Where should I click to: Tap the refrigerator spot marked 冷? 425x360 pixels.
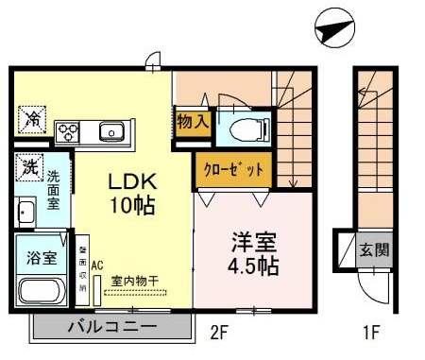(x=32, y=120)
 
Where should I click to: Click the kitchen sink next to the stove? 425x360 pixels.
(x=111, y=130)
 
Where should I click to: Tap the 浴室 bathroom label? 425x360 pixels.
(x=41, y=257)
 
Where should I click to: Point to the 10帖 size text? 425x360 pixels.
(x=123, y=203)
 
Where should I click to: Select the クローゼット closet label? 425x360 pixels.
(x=230, y=171)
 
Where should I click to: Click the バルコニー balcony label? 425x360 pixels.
(x=111, y=328)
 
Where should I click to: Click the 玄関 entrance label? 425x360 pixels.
(x=375, y=250)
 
